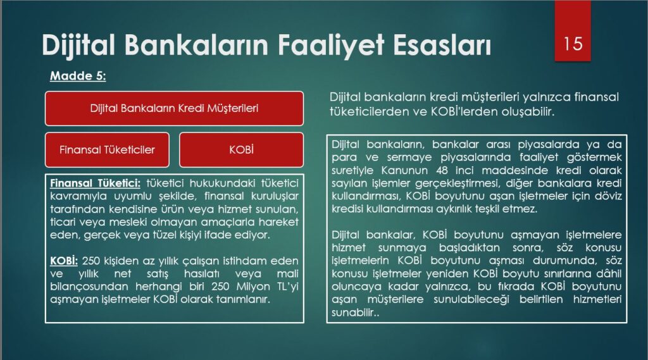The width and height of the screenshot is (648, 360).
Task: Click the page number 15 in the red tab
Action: [x=573, y=44]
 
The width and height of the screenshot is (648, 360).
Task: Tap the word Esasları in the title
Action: [x=442, y=44]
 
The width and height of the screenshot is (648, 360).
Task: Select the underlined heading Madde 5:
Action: [x=78, y=76]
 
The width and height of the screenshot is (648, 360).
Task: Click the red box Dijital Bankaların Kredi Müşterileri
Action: [x=174, y=108]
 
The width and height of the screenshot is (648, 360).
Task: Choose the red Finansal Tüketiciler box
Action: [x=107, y=149]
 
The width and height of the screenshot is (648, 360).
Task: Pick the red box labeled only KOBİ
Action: [x=241, y=149]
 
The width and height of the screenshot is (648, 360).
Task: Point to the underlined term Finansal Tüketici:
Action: [x=95, y=183]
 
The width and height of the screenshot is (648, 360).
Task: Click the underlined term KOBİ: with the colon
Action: [x=64, y=261]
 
